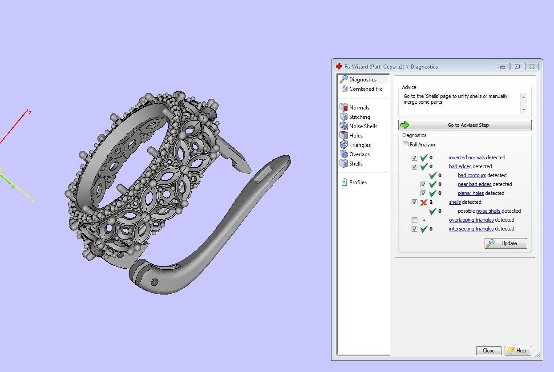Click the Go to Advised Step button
click(x=465, y=125)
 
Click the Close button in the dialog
click(x=489, y=351)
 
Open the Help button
click(x=518, y=351)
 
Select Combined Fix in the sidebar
click(x=365, y=89)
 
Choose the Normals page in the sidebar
click(x=359, y=108)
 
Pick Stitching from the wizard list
click(x=359, y=117)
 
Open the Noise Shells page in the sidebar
click(x=363, y=126)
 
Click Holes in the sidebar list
click(x=356, y=136)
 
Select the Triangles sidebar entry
click(x=360, y=145)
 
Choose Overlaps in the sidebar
click(x=359, y=154)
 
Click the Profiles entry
click(x=357, y=182)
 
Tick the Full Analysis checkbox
click(x=405, y=145)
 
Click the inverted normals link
click(x=467, y=158)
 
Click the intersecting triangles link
click(x=471, y=229)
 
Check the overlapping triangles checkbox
click(x=415, y=220)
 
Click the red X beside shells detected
click(x=424, y=202)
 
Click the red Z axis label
click(x=30, y=113)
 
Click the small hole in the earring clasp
click(x=154, y=282)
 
